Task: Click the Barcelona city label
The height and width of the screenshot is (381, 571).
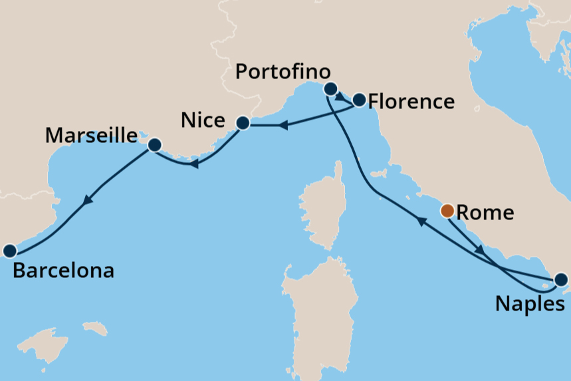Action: point(63,271)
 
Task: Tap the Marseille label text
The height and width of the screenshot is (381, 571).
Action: point(91,136)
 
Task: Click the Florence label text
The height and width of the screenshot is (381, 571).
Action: point(411,102)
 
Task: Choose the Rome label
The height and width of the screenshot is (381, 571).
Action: point(486,213)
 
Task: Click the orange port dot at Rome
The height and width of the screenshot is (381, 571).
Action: point(448,211)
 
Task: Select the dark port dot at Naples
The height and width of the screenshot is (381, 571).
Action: point(560,280)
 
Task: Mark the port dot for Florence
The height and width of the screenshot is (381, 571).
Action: point(359,100)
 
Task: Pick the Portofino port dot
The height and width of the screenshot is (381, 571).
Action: point(330,88)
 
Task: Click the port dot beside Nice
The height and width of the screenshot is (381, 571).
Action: point(243,123)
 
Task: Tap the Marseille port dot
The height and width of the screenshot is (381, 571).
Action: point(155,144)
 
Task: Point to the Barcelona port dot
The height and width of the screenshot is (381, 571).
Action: point(9,251)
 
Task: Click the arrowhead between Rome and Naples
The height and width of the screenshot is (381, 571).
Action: point(479,250)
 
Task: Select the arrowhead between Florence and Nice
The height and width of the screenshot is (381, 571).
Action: point(283,124)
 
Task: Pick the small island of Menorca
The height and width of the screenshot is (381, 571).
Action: point(95,328)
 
